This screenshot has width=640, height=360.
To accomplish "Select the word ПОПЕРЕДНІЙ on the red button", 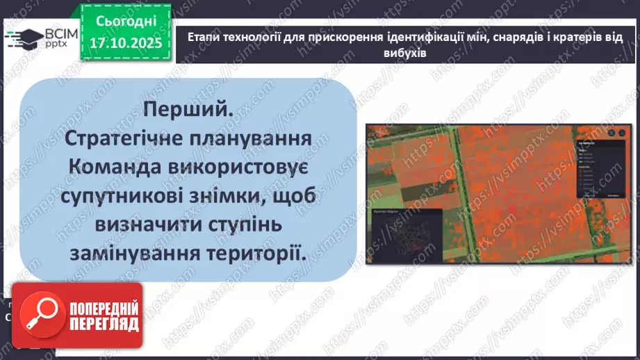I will (104, 309).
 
